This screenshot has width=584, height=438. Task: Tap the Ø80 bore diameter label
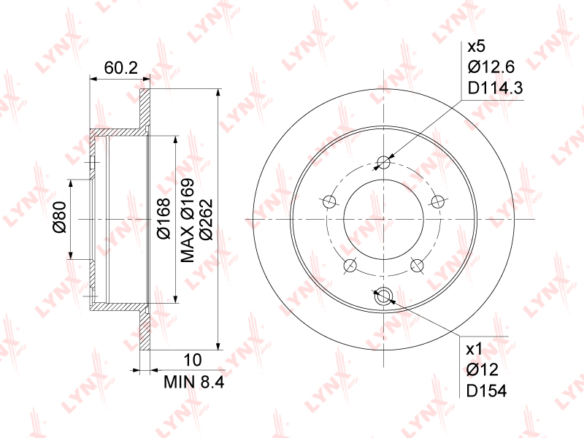[60, 218]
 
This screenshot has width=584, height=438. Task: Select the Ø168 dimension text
[164, 218]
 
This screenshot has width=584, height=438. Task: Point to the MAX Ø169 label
[188, 220]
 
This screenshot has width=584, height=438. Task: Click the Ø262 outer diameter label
[206, 220]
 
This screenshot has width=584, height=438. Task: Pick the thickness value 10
[193, 360]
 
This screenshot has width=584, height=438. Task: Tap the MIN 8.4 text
[194, 382]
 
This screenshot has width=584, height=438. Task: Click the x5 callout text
[477, 47]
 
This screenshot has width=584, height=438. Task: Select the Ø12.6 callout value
[491, 67]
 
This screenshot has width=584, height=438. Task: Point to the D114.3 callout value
[496, 88]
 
